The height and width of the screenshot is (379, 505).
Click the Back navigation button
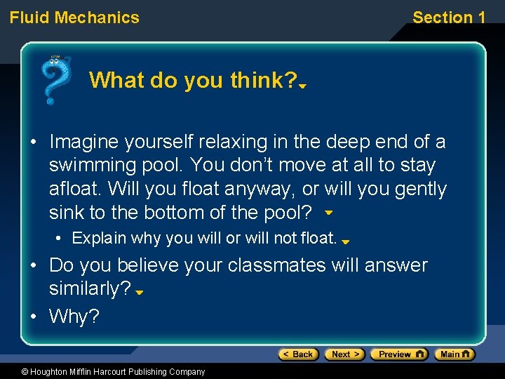click(x=298, y=354)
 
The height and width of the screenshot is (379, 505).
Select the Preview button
click(x=398, y=354)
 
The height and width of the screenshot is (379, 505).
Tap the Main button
click(x=454, y=354)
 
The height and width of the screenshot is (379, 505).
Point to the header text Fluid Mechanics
click(x=74, y=18)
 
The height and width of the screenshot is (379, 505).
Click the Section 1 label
click(x=448, y=18)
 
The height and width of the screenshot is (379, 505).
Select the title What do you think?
click(x=193, y=81)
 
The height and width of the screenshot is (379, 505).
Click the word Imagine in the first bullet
click(x=83, y=142)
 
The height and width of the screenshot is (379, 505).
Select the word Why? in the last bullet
click(x=74, y=317)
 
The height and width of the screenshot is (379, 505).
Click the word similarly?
click(x=90, y=289)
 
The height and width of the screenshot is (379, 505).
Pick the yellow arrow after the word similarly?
click(x=140, y=293)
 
